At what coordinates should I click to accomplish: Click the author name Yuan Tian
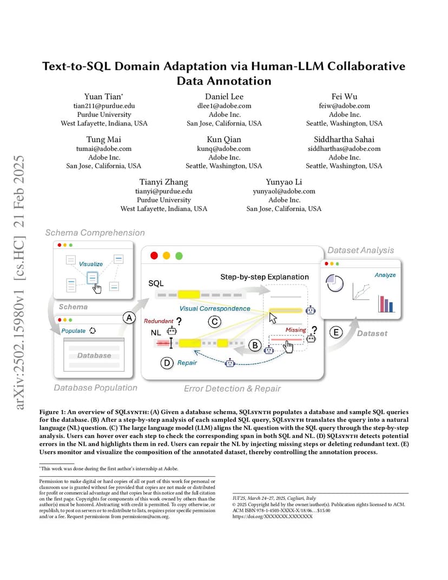[x=103, y=96]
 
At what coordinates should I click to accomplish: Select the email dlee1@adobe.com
[x=224, y=106]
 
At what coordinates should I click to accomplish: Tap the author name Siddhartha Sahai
[x=344, y=140]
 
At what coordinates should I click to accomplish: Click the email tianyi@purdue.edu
[x=163, y=191]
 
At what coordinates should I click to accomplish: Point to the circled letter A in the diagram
[x=129, y=318]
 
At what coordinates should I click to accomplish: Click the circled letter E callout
[x=336, y=332]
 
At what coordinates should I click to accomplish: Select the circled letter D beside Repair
[x=167, y=363]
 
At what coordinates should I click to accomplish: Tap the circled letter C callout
[x=215, y=321]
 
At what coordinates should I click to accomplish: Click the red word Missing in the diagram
[x=295, y=329]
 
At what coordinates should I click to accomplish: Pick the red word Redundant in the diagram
[x=159, y=321]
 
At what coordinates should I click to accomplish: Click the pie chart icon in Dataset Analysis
[x=335, y=284]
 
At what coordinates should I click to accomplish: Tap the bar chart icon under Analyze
[x=386, y=304]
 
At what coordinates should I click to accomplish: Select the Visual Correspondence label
[x=215, y=308]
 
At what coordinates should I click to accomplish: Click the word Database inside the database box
[x=94, y=355]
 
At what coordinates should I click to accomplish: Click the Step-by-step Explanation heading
[x=265, y=277]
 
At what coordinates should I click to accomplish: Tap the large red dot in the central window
[x=154, y=255]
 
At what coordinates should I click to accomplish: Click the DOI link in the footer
[x=272, y=516]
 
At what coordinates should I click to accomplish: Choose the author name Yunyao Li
[x=284, y=182]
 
